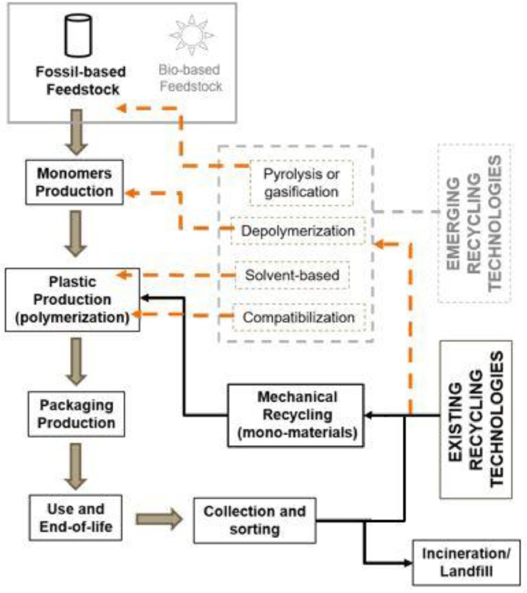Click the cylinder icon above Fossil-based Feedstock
tap(78, 35)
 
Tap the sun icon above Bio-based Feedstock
tap(191, 35)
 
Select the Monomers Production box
tap(75, 182)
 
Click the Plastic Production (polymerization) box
tap(72, 300)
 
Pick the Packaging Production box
tap(76, 414)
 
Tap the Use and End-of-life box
tap(76, 518)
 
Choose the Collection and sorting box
tap(254, 520)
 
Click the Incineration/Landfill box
tap(466, 563)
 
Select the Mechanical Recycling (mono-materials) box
tap(296, 415)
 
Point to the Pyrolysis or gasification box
tap(301, 183)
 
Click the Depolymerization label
tap(298, 231)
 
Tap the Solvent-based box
tap(292, 275)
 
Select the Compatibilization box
tap(298, 317)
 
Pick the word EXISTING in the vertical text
tap(456, 422)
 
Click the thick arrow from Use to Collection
tap(159, 519)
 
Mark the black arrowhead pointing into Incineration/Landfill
tap(408, 563)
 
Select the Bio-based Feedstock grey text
tap(190, 78)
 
